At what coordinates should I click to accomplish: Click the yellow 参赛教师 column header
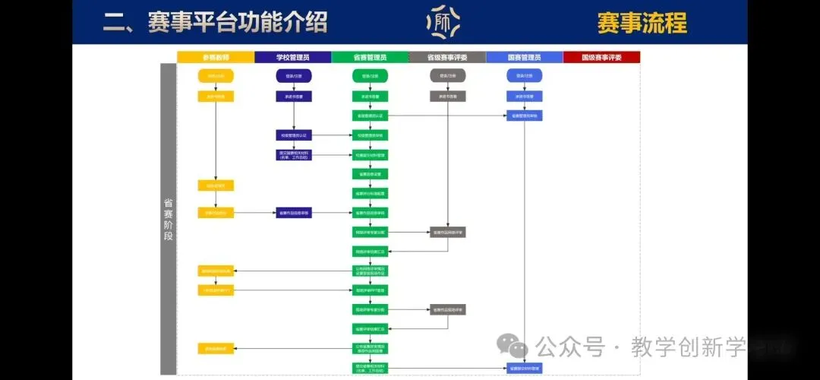[216, 57]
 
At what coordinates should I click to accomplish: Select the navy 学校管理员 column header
[293, 57]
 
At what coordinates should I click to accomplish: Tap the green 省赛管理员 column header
[370, 57]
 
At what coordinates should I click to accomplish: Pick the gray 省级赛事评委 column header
[447, 57]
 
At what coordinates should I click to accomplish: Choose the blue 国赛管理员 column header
[524, 57]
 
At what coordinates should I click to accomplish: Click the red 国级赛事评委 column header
[601, 57]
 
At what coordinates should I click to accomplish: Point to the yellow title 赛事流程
[642, 23]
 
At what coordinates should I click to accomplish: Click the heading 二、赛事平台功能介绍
[216, 22]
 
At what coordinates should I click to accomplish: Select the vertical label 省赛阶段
[168, 220]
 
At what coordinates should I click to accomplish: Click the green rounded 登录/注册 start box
[370, 76]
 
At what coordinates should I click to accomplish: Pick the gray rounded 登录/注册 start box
[447, 76]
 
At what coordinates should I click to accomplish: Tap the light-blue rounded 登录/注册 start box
[524, 76]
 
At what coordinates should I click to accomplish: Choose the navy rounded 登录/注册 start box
[293, 76]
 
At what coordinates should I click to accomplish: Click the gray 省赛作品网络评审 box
[447, 232]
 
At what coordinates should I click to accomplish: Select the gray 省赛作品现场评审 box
[447, 309]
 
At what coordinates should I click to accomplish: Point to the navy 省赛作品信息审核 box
[293, 213]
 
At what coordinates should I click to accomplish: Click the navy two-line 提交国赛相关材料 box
[293, 154]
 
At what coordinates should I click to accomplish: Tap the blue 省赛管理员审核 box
[524, 116]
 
